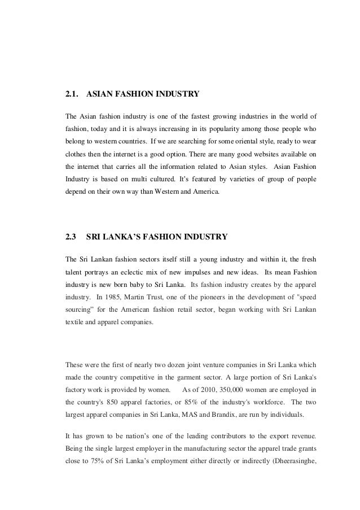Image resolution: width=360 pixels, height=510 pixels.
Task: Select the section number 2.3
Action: tap(71, 237)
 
